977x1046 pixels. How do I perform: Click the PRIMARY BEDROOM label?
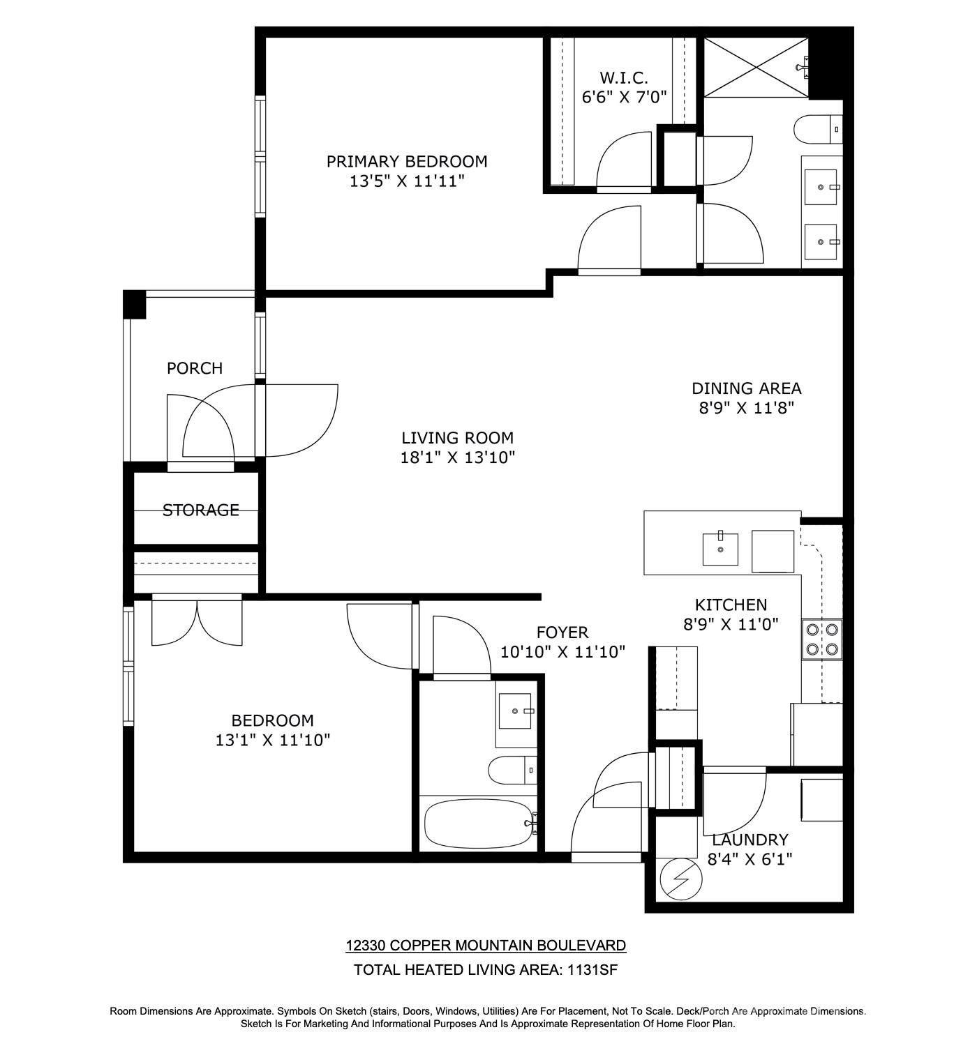pos(407,162)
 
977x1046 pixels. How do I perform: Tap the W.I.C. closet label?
pos(624,77)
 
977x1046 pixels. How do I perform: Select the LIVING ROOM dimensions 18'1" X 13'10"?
pos(458,457)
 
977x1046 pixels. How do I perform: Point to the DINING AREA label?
pos(746,388)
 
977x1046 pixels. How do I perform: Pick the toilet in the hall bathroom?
pos(512,770)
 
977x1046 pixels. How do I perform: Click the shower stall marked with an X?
pos(756,67)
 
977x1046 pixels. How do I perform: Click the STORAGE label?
pos(200,510)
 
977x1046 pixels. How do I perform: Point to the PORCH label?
pos(195,368)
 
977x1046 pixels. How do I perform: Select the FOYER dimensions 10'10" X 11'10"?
pos(562,652)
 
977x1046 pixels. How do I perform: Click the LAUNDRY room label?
pos(749,840)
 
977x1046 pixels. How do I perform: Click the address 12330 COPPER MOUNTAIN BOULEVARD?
pos(486,946)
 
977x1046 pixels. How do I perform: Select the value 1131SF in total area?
pos(591,969)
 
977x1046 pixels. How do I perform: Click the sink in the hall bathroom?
pos(516,711)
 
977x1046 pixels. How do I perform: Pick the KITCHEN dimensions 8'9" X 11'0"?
pos(731,624)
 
